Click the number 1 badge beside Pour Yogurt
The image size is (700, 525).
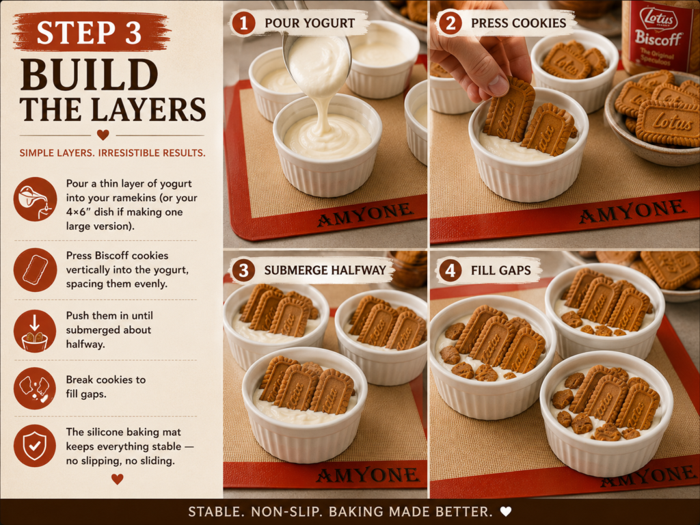tap(243, 23)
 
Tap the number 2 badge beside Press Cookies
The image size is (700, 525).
tap(450, 23)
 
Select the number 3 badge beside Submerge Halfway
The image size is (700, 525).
tap(243, 270)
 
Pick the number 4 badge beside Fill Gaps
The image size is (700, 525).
tap(450, 270)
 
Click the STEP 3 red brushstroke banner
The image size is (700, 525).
tap(91, 31)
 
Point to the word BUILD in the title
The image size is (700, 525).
tap(90, 74)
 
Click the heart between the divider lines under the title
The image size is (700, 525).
tap(103, 135)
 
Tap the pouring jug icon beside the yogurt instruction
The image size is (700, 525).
tap(35, 199)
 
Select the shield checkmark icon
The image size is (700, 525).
tap(35, 445)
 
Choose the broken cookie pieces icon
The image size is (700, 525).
tap(35, 388)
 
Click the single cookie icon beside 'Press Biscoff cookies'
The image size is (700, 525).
tap(35, 269)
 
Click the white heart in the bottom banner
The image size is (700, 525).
tap(506, 511)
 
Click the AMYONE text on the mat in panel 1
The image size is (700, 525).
tap(365, 214)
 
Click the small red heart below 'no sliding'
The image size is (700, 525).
tap(118, 479)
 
